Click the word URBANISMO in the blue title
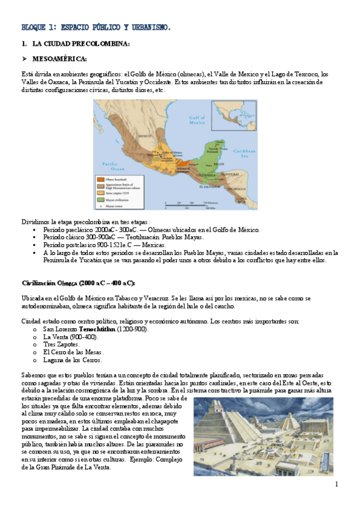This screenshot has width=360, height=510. click(x=148, y=27)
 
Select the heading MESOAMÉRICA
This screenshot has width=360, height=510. click(x=60, y=58)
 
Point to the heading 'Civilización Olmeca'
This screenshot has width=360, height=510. click(x=79, y=283)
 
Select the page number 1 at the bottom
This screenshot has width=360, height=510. click(x=337, y=484)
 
